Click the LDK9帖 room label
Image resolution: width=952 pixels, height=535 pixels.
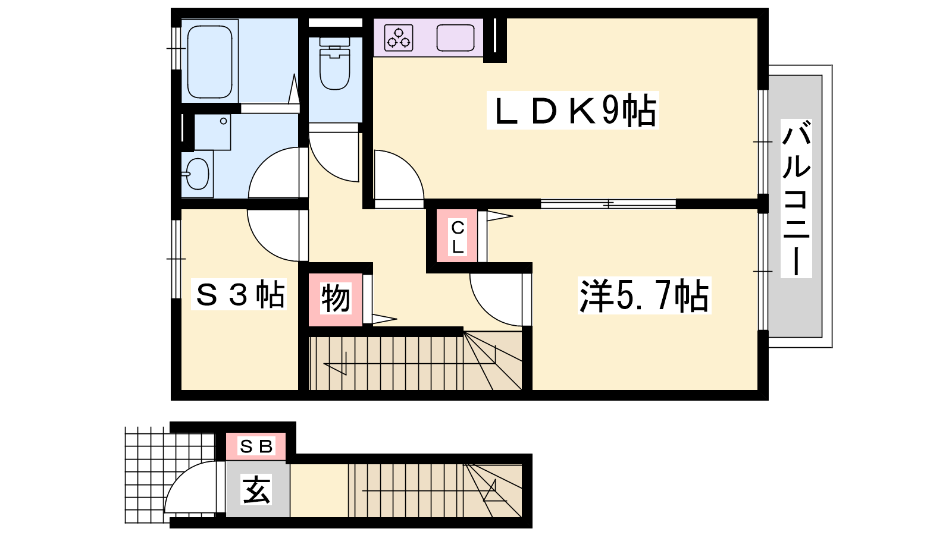573,111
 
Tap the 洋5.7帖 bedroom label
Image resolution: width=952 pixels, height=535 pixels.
644,295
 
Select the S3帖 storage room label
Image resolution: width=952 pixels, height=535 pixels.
239,294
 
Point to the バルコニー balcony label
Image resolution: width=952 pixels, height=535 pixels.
796,199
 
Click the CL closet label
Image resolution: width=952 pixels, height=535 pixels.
458,237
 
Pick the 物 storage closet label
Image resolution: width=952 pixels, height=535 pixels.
336,298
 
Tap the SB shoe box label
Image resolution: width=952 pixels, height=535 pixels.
256,446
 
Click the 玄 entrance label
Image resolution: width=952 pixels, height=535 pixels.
256,490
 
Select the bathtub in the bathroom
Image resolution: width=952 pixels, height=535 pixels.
209,62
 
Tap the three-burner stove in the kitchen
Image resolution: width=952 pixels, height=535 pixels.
399,38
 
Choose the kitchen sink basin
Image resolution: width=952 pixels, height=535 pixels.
455,38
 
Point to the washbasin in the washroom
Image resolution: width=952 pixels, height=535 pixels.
197,174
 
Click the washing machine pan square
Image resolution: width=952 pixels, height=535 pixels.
212,131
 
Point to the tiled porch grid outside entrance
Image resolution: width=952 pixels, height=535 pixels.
170,475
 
